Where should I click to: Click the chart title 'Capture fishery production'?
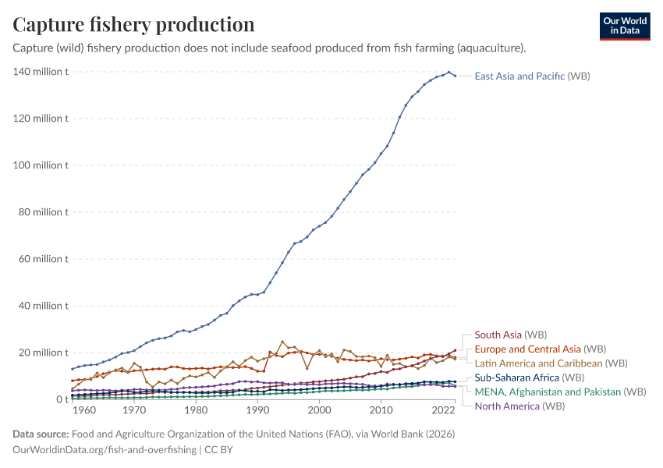(x=133, y=24)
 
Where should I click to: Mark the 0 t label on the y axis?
(x=60, y=399)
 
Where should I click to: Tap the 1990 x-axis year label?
(x=257, y=410)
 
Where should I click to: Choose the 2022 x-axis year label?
(x=442, y=410)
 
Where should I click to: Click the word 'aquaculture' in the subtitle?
(x=491, y=48)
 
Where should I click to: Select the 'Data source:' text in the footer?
(x=40, y=434)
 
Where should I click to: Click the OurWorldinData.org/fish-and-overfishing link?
(x=105, y=449)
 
